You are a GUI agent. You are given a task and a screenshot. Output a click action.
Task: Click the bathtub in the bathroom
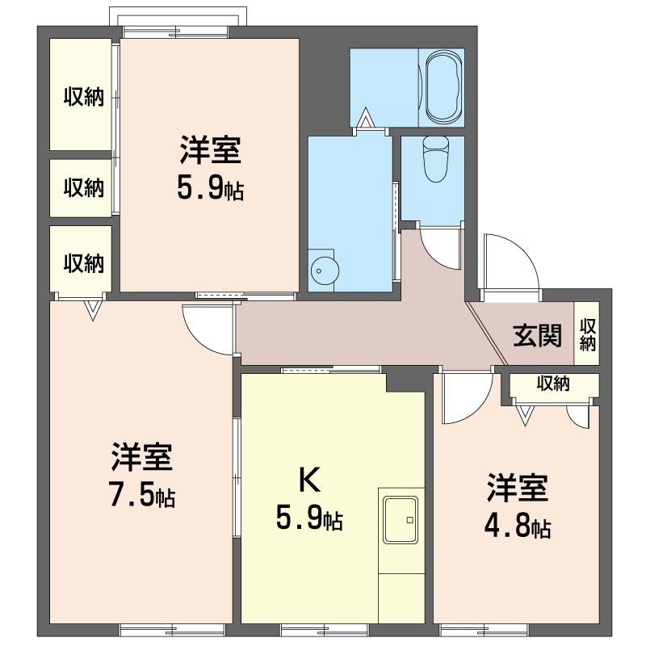[x=443, y=86]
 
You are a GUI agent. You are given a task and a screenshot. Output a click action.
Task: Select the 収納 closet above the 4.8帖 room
[x=553, y=384]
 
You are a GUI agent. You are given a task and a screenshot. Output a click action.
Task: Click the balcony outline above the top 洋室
[x=175, y=17]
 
